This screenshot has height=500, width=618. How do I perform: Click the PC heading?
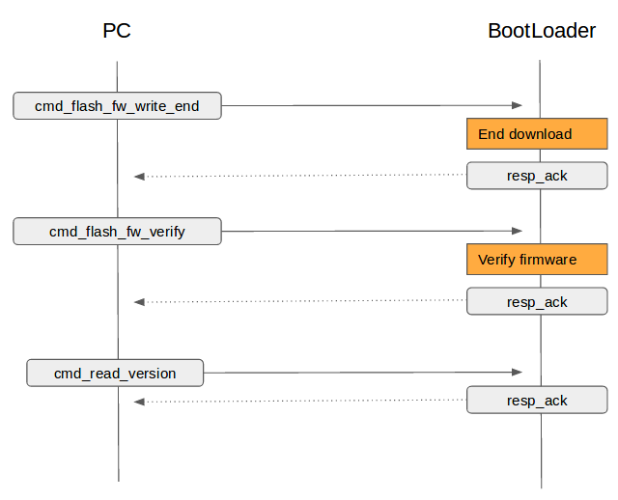point(117,31)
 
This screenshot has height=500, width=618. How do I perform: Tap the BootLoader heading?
point(542,31)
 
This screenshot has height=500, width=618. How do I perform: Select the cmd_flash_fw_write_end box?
point(117,105)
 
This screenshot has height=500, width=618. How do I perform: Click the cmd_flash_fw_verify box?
point(117,232)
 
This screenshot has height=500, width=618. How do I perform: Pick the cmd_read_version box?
point(115,373)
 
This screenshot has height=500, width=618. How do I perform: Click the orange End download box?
point(537,133)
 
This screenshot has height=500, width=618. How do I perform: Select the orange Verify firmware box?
point(537,260)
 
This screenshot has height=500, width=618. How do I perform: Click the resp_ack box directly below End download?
point(537,176)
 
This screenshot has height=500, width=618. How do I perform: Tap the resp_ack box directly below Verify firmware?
point(537,301)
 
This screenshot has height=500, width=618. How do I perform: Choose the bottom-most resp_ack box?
point(537,400)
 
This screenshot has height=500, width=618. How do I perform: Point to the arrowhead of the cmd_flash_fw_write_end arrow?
point(518,105)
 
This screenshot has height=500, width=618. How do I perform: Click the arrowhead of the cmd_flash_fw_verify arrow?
point(518,231)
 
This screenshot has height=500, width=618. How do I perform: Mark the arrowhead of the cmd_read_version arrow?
point(518,372)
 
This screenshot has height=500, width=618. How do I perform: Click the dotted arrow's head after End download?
point(139,177)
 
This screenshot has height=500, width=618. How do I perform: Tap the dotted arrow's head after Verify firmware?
point(139,302)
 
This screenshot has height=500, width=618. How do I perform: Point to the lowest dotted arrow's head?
point(139,402)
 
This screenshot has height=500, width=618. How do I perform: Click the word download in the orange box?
point(541,134)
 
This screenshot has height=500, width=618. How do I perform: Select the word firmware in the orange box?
point(548,260)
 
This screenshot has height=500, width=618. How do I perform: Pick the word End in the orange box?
point(492,134)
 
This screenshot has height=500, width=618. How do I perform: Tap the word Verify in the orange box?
point(496,260)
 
